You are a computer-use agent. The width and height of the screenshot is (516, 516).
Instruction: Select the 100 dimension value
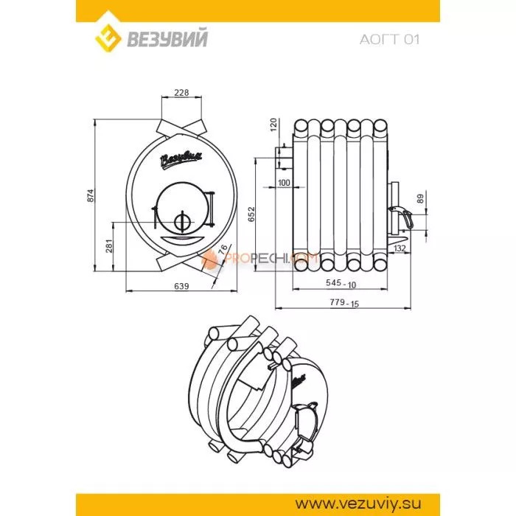[285, 182]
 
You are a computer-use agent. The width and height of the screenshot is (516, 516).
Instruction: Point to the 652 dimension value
[251, 215]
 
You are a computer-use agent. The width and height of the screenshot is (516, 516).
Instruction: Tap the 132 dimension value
[399, 248]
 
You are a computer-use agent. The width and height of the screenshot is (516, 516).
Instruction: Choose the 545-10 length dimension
[342, 283]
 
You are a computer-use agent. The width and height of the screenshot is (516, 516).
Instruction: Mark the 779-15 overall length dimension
[342, 303]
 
